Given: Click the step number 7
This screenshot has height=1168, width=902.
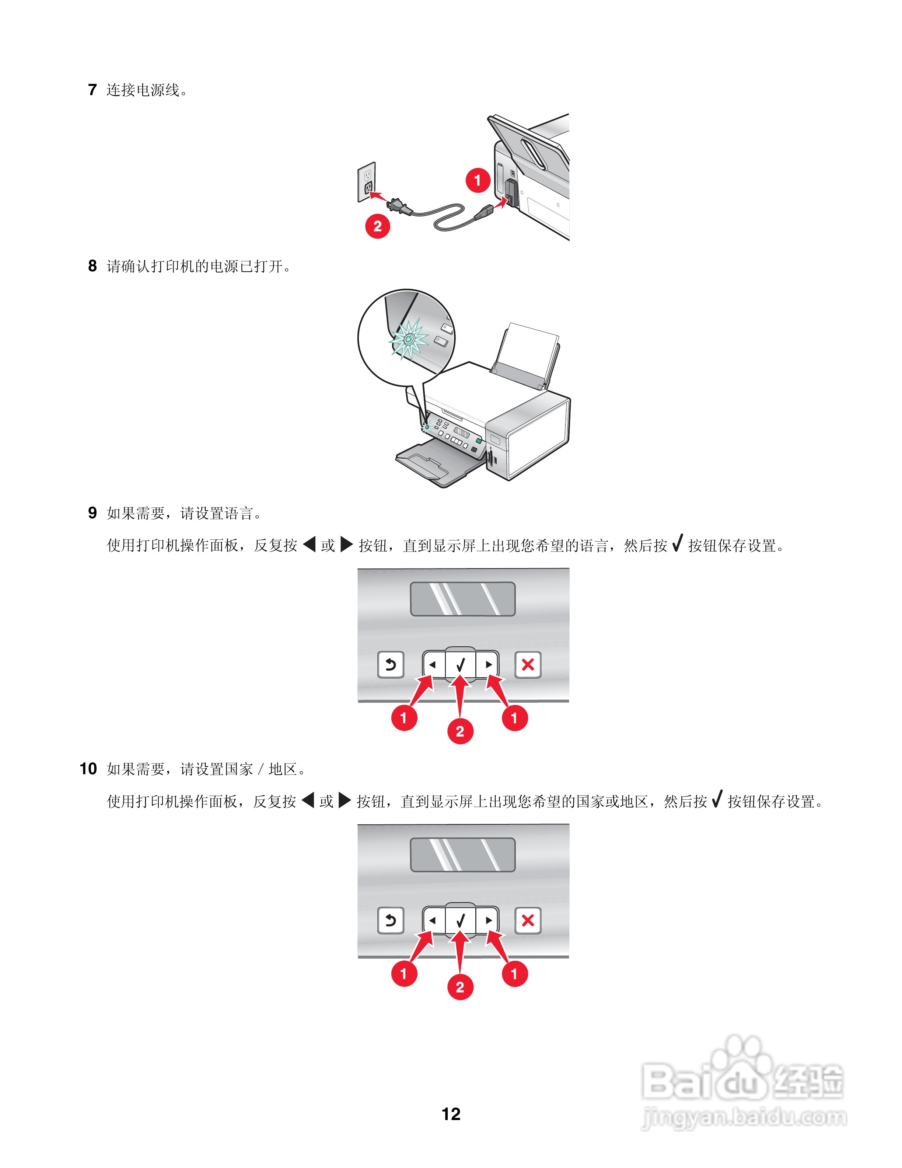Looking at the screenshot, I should click(92, 90).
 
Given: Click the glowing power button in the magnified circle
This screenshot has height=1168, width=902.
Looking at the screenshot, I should click(408, 339).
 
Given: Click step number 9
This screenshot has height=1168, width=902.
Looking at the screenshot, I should click(92, 513).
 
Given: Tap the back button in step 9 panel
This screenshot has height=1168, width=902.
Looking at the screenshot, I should click(391, 665).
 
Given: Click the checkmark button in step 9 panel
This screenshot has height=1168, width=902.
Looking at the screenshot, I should click(461, 665).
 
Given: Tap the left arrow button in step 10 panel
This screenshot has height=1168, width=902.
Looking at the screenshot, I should click(433, 920).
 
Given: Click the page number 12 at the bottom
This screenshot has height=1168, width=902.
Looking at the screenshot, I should click(451, 1114).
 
